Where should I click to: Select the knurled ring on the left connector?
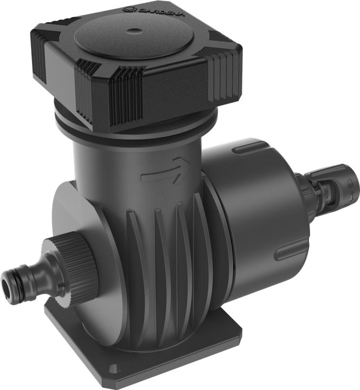[x=70, y=264]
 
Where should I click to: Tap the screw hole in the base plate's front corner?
[x=113, y=368]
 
